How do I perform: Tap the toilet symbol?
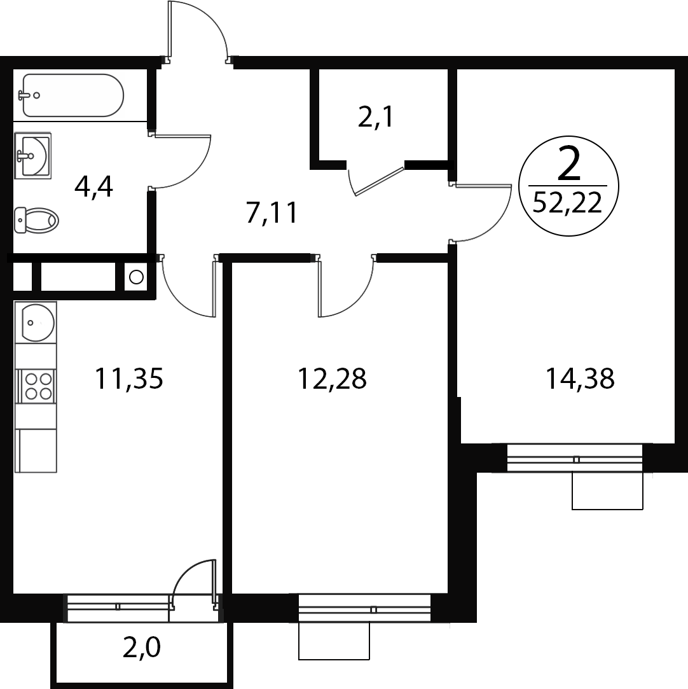coord(36,220)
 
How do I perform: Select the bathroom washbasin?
coord(32,156)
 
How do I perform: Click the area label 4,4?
coord(93,188)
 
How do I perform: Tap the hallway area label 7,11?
coord(272,212)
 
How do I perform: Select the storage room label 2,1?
coord(375,117)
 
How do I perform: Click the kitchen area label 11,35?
coord(129,379)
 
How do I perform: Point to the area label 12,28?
coord(332,379)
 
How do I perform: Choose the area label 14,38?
coord(579,379)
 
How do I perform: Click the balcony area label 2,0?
coord(141,648)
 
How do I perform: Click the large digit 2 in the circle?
coord(568,164)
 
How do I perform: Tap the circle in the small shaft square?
coord(137,277)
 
